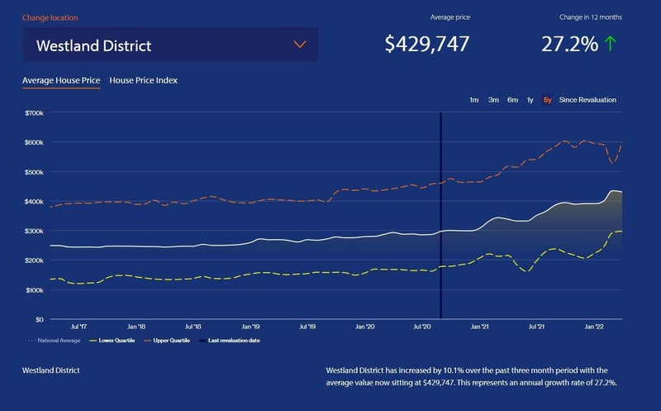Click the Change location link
point(50,17)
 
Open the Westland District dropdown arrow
point(299,45)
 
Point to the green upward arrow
point(611,45)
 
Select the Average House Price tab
point(61,80)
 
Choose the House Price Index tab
point(143,80)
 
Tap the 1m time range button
point(473,100)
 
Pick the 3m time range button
point(493,100)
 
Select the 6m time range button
point(512,100)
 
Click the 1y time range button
point(530,100)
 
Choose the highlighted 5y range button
point(547,100)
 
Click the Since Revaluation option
point(587,100)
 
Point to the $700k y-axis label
point(35,112)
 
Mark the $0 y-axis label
point(39,319)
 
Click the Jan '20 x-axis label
point(364,327)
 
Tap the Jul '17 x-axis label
point(80,327)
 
